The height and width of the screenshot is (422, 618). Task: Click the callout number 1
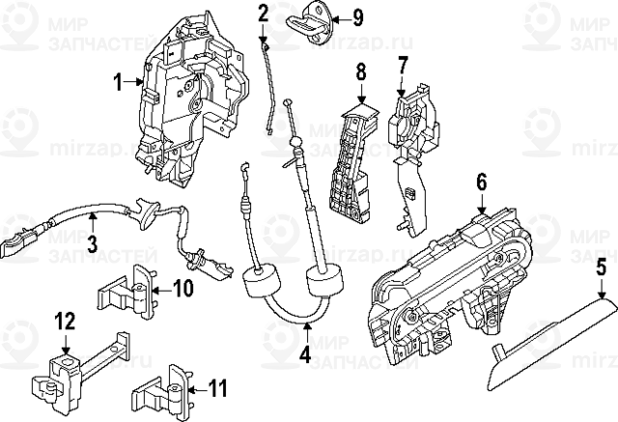(119, 83)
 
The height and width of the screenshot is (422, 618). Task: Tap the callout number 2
(263, 13)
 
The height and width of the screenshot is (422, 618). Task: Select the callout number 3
(92, 244)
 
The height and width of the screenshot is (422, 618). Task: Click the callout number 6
(481, 180)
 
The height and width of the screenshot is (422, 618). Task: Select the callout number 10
(183, 288)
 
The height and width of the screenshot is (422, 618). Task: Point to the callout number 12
(64, 320)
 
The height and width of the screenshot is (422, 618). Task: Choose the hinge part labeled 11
(164, 389)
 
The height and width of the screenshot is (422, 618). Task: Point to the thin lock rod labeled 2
(269, 87)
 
